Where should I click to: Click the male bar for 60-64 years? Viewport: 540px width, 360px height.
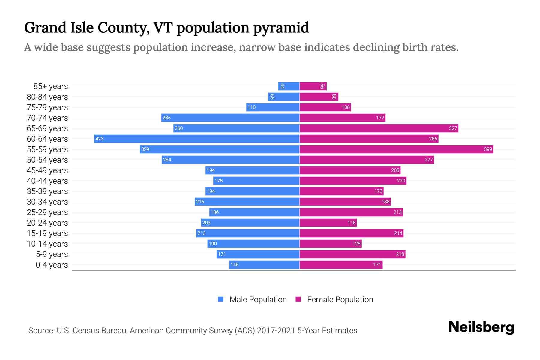197,139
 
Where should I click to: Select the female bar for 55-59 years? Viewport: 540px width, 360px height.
396,149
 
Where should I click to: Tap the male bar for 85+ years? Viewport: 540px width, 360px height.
289,86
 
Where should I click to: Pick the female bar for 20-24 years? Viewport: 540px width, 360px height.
328,223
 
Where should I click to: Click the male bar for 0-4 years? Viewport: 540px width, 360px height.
264,265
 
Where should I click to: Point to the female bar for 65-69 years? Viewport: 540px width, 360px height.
379,128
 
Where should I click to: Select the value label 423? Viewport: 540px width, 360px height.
100,139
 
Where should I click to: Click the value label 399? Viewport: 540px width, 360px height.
488,149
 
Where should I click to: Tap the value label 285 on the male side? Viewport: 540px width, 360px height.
166,118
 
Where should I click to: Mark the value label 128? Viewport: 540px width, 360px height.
356,244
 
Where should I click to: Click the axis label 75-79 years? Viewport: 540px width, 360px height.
47,107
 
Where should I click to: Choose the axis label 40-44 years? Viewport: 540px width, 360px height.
47,181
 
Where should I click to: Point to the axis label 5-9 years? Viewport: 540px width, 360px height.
52,254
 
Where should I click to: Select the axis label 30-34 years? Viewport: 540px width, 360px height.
47,202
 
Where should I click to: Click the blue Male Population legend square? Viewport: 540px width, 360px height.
221,299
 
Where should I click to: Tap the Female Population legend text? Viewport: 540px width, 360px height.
340,300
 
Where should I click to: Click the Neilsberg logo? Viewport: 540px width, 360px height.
481,327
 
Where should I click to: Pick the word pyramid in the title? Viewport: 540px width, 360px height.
281,28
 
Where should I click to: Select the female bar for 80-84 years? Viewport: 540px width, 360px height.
319,97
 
